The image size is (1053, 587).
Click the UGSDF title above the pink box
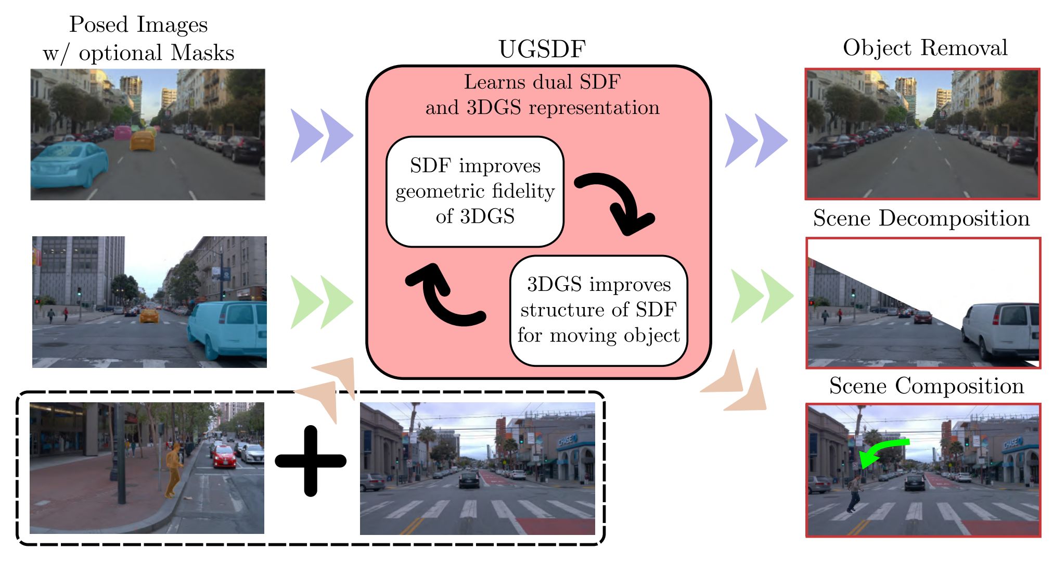point(542,49)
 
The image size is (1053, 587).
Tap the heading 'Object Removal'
point(925,48)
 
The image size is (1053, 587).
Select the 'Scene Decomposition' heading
point(921,219)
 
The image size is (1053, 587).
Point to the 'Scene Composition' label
point(926,386)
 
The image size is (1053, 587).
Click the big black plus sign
point(311,461)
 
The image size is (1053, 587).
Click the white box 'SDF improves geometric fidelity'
point(475,191)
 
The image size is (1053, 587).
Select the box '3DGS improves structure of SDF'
point(598,310)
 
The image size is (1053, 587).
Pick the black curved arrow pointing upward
point(442,297)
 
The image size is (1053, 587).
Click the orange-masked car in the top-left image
point(142,140)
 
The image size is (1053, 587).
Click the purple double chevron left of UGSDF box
point(321,135)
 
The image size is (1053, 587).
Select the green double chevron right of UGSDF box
point(762,296)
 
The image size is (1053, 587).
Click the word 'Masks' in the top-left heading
point(202,53)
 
